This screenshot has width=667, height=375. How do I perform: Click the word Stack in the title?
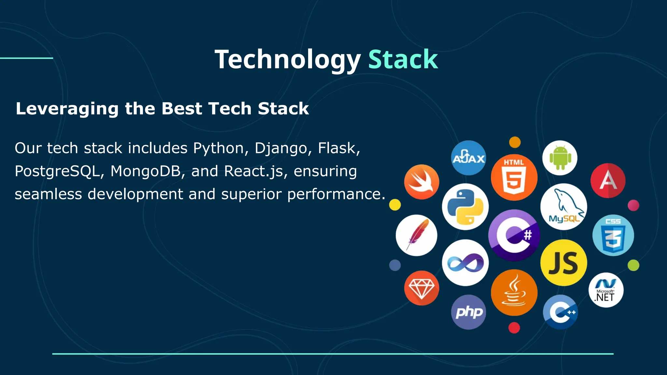(x=403, y=60)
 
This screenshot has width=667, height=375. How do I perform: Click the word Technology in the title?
(x=288, y=60)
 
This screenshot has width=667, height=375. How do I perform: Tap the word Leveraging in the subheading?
(x=67, y=108)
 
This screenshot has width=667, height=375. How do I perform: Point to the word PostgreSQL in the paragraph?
(x=57, y=171)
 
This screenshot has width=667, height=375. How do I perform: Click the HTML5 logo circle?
(x=514, y=177)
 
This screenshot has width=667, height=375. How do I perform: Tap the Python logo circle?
(x=465, y=207)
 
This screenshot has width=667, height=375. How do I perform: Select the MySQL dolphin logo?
(x=564, y=207)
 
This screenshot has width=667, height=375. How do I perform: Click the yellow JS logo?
(x=564, y=263)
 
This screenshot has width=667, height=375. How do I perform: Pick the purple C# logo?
(x=514, y=235)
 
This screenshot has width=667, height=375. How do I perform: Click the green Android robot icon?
(x=560, y=158)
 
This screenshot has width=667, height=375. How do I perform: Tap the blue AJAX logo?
(x=468, y=158)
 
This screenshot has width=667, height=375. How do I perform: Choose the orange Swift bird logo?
(x=421, y=182)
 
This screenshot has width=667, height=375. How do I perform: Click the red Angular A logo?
(x=608, y=181)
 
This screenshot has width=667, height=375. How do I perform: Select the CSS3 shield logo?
(x=613, y=235)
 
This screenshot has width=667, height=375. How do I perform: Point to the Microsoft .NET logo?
(x=606, y=290)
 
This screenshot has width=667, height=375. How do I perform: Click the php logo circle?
(x=468, y=312)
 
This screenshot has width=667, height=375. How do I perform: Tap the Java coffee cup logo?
(x=514, y=292)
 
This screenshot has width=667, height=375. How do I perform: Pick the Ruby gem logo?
(x=421, y=288)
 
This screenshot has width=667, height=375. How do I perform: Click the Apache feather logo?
(x=417, y=235)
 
